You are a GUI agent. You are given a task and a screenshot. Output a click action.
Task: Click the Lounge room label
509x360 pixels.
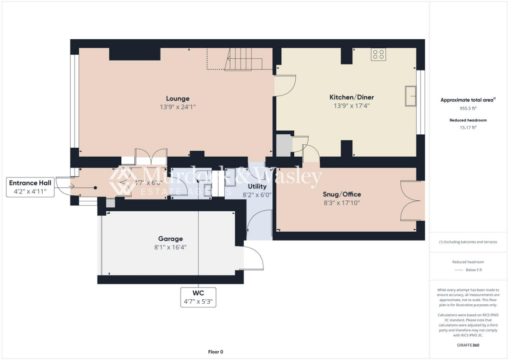pos(177,98)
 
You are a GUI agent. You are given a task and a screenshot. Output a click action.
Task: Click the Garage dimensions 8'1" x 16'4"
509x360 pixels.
pos(170,247)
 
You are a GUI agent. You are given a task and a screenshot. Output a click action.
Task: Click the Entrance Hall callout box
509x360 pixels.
pos(30,187)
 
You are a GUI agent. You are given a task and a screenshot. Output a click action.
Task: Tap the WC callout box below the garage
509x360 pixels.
pos(198,297)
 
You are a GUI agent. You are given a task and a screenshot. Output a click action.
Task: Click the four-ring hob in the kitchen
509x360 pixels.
pos(378,54)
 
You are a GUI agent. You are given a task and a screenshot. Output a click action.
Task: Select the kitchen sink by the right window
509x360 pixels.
pos(410,96)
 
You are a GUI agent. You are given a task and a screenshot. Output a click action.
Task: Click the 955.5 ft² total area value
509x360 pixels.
pos(468,108)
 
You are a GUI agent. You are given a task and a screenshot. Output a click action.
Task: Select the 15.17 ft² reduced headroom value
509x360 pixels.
pos(468,127)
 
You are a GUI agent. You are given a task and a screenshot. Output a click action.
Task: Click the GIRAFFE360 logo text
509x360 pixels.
pos(468,345)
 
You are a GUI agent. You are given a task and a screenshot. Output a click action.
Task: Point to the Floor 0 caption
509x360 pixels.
pos(216,352)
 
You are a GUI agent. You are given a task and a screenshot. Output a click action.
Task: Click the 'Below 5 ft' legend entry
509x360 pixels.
pos(473,270)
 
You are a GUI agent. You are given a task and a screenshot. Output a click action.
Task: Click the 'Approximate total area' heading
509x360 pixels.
pos(467,100)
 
